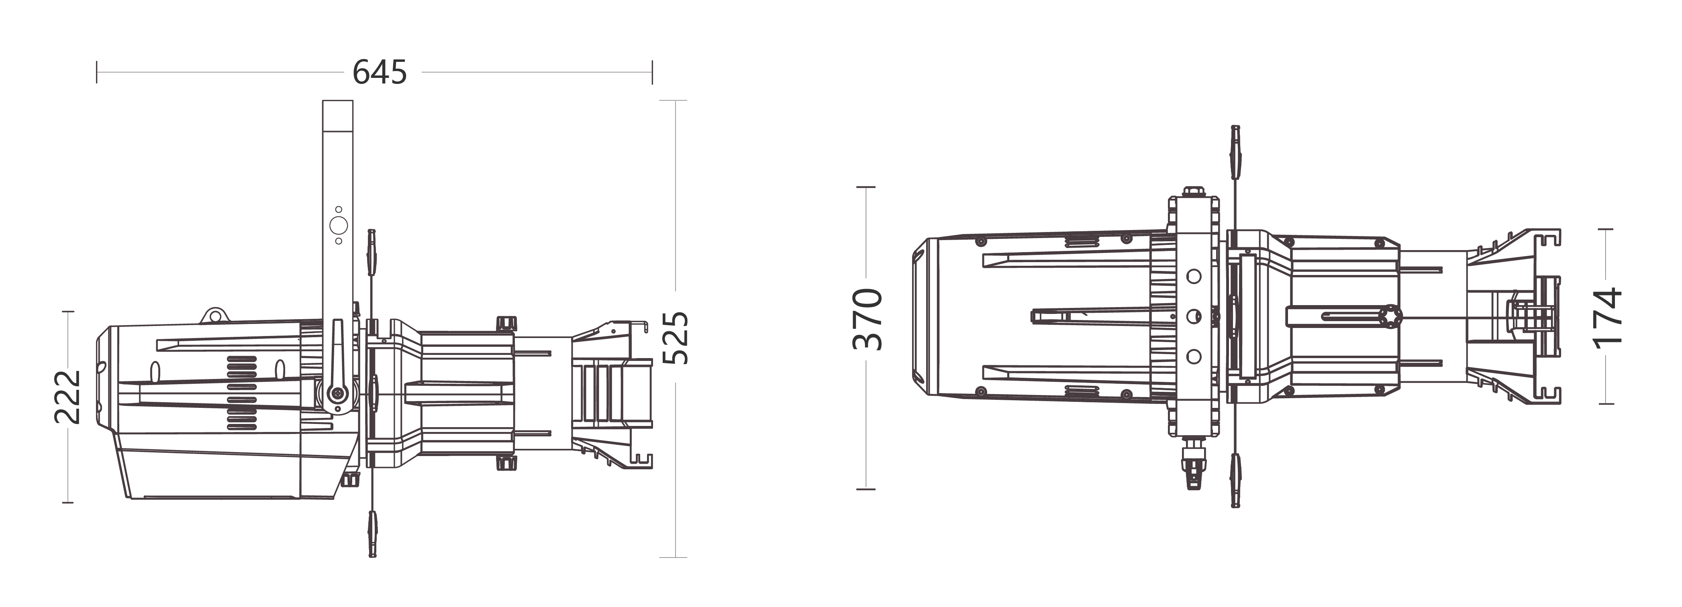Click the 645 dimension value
(x=380, y=72)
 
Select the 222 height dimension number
(x=67, y=397)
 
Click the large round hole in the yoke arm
(x=338, y=225)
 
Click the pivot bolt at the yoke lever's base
(x=338, y=393)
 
